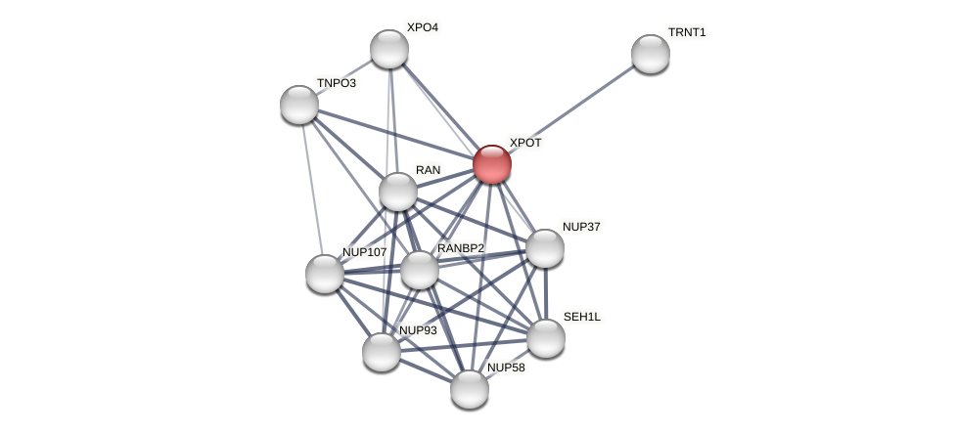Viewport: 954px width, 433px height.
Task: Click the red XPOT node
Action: [x=492, y=164]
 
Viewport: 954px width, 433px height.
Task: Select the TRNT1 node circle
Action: [x=651, y=54]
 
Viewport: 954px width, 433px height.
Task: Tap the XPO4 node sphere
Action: [x=389, y=49]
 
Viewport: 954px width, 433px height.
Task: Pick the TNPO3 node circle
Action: [x=299, y=105]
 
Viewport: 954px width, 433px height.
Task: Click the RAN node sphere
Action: [x=398, y=192]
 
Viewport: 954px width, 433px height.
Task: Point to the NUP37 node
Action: [x=545, y=248]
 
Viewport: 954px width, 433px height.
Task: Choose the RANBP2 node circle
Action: [x=420, y=270]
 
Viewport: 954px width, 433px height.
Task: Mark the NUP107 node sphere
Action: [x=325, y=274]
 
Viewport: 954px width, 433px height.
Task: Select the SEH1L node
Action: [x=546, y=338]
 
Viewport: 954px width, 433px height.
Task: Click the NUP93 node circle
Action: [x=382, y=352]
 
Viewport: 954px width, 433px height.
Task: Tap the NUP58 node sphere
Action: [x=470, y=389]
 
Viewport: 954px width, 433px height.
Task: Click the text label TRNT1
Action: [x=687, y=32]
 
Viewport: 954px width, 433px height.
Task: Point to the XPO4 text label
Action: [x=423, y=27]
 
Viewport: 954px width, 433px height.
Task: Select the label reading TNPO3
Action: [x=337, y=83]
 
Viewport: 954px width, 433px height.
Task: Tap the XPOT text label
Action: [x=525, y=143]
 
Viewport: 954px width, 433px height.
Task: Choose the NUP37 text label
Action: [x=581, y=227]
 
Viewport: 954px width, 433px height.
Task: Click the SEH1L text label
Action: [x=582, y=317]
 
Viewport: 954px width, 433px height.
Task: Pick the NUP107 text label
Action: [x=364, y=252]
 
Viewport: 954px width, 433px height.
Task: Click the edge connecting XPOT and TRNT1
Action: [x=571, y=108]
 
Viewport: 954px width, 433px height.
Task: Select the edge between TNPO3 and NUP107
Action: [x=312, y=189]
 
